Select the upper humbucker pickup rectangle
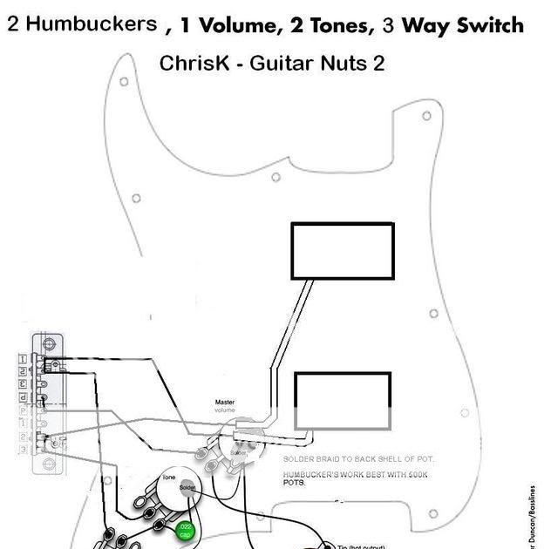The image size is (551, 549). point(343,251)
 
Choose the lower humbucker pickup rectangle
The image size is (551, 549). point(343,400)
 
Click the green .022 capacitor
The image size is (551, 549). point(185,530)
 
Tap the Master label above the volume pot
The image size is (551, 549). point(225,403)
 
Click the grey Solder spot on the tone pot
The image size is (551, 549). point(187,488)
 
